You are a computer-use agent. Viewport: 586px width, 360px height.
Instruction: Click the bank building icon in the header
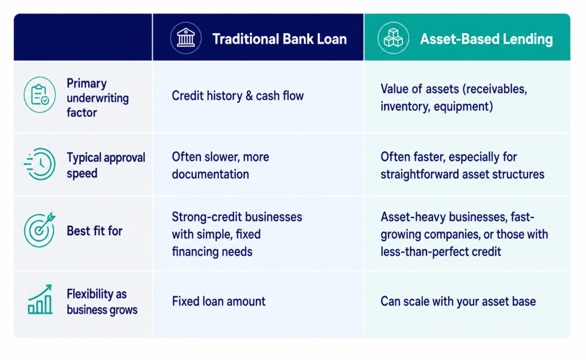point(186,38)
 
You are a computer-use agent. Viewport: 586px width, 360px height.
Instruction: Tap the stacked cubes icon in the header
point(393,38)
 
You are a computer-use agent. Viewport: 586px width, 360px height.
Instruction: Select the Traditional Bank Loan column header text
point(279,39)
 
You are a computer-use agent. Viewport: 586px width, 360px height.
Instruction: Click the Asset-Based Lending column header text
point(486,39)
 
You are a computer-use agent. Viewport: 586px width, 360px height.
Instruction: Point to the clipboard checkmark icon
point(39,95)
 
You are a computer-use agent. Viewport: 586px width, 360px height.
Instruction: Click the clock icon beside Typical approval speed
point(39,164)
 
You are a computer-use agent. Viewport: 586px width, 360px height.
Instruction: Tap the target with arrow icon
point(39,230)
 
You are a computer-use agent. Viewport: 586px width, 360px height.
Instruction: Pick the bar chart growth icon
point(40,299)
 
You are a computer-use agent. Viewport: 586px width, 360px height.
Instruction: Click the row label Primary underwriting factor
point(97,98)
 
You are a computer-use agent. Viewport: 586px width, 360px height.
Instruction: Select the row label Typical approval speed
point(106,165)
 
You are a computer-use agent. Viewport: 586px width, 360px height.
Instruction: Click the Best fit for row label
point(94,231)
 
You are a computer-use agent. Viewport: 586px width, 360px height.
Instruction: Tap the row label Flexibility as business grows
point(102,302)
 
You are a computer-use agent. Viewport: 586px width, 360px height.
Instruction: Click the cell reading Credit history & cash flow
point(237,96)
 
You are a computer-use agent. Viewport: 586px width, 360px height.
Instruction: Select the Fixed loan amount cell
point(219,301)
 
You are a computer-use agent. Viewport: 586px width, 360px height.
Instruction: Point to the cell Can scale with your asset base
point(458,301)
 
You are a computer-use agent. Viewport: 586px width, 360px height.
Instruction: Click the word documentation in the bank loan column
point(211,174)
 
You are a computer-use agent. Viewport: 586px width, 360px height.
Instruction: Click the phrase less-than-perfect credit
point(441,252)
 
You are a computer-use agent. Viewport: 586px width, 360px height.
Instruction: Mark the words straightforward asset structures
point(462,175)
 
